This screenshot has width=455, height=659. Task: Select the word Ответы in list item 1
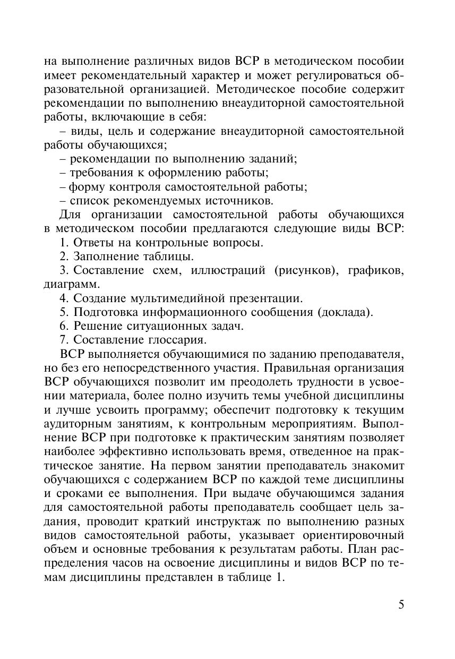point(91,243)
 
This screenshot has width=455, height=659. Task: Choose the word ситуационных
point(170,326)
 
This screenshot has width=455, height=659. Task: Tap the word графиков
point(376,270)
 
